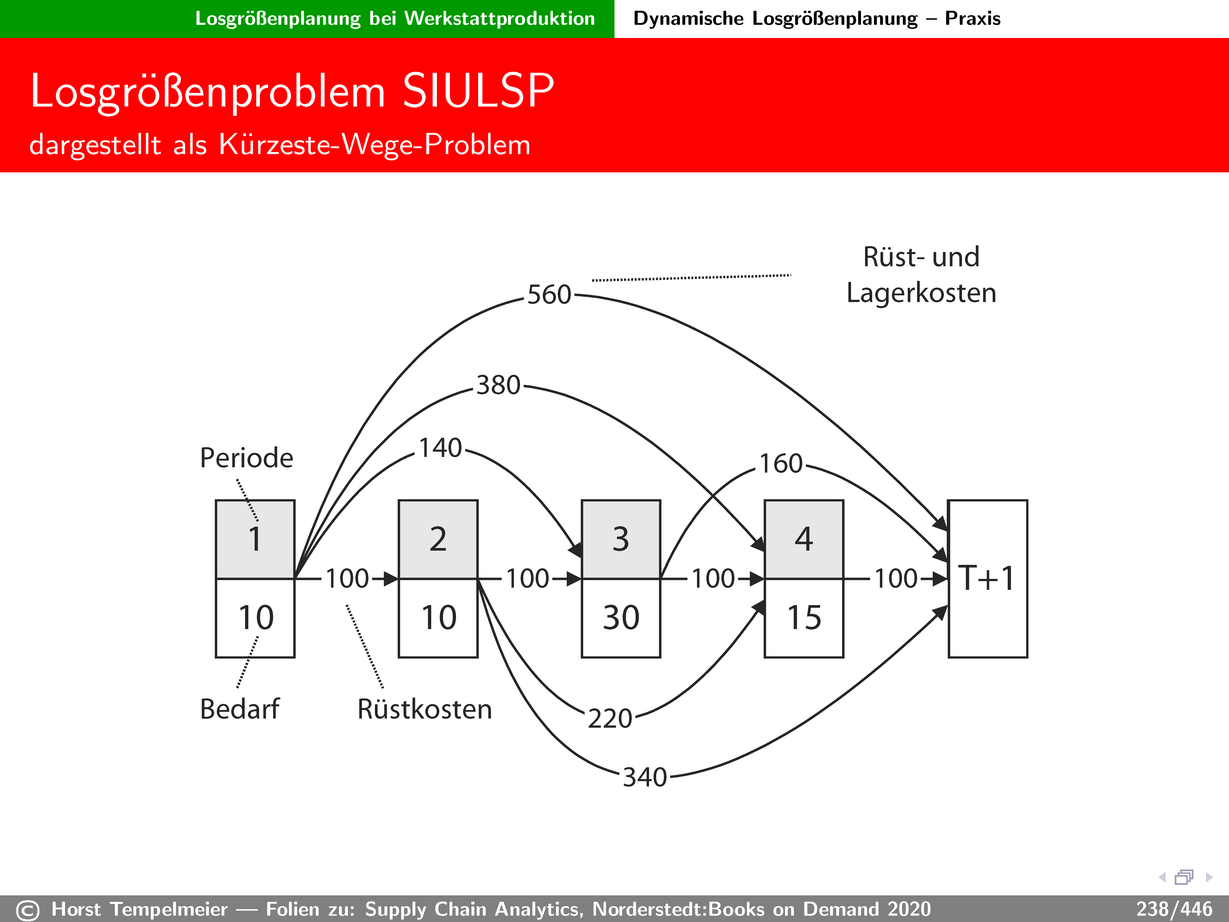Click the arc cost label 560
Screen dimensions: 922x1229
coord(549,295)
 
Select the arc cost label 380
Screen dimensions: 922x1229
coord(498,385)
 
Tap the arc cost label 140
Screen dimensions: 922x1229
coord(440,448)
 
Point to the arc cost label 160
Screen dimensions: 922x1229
coord(781,463)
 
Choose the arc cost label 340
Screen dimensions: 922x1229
coord(645,777)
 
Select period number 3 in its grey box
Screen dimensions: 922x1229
coord(621,539)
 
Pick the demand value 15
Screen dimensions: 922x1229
coord(804,618)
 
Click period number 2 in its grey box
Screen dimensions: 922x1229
coord(438,539)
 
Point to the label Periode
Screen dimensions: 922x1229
coord(246,458)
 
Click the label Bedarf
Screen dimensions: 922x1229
coord(239,709)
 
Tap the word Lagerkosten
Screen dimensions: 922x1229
coord(921,293)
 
